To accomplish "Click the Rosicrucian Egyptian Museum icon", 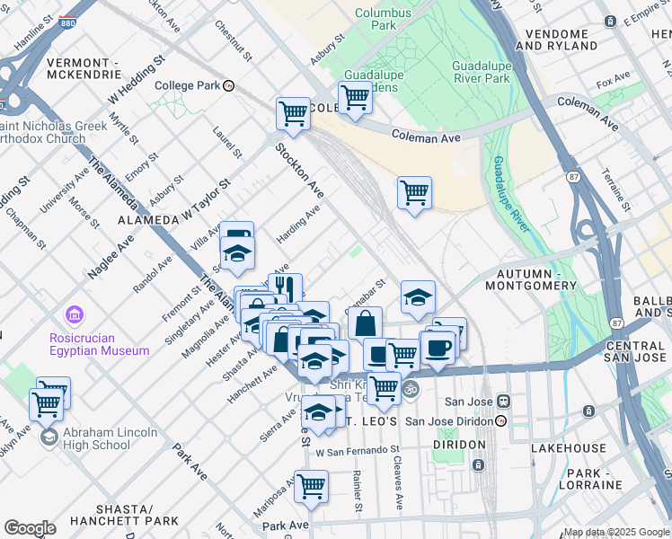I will [x=74, y=316].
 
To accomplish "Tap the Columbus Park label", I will [x=376, y=19].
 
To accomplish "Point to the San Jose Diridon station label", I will [x=451, y=420].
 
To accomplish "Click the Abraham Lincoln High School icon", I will [x=50, y=437].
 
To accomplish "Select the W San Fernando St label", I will [x=357, y=449].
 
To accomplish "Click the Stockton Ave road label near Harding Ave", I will [x=299, y=172].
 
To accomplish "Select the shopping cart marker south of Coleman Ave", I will [x=413, y=191].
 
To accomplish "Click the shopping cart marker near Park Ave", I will [x=311, y=485].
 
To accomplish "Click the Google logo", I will [x=30, y=528].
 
